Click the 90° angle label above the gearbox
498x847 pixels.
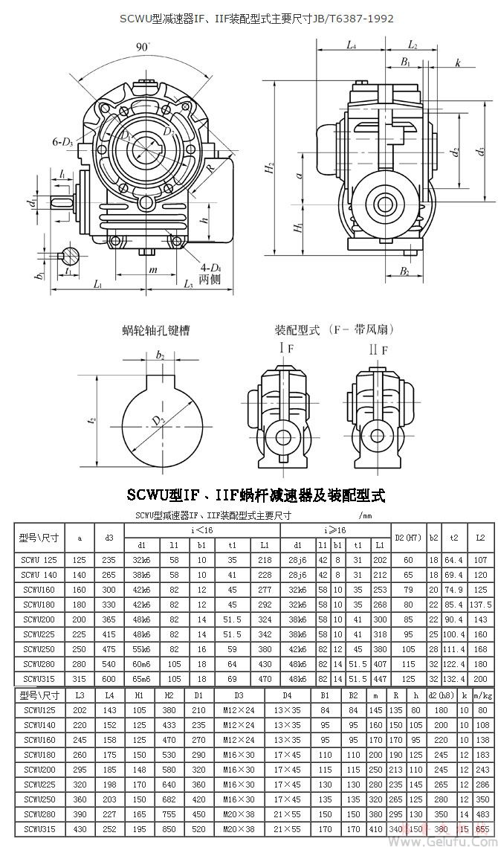(143, 47)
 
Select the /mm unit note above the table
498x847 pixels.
(365, 515)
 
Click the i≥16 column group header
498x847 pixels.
(335, 530)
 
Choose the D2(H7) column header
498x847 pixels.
(408, 537)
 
